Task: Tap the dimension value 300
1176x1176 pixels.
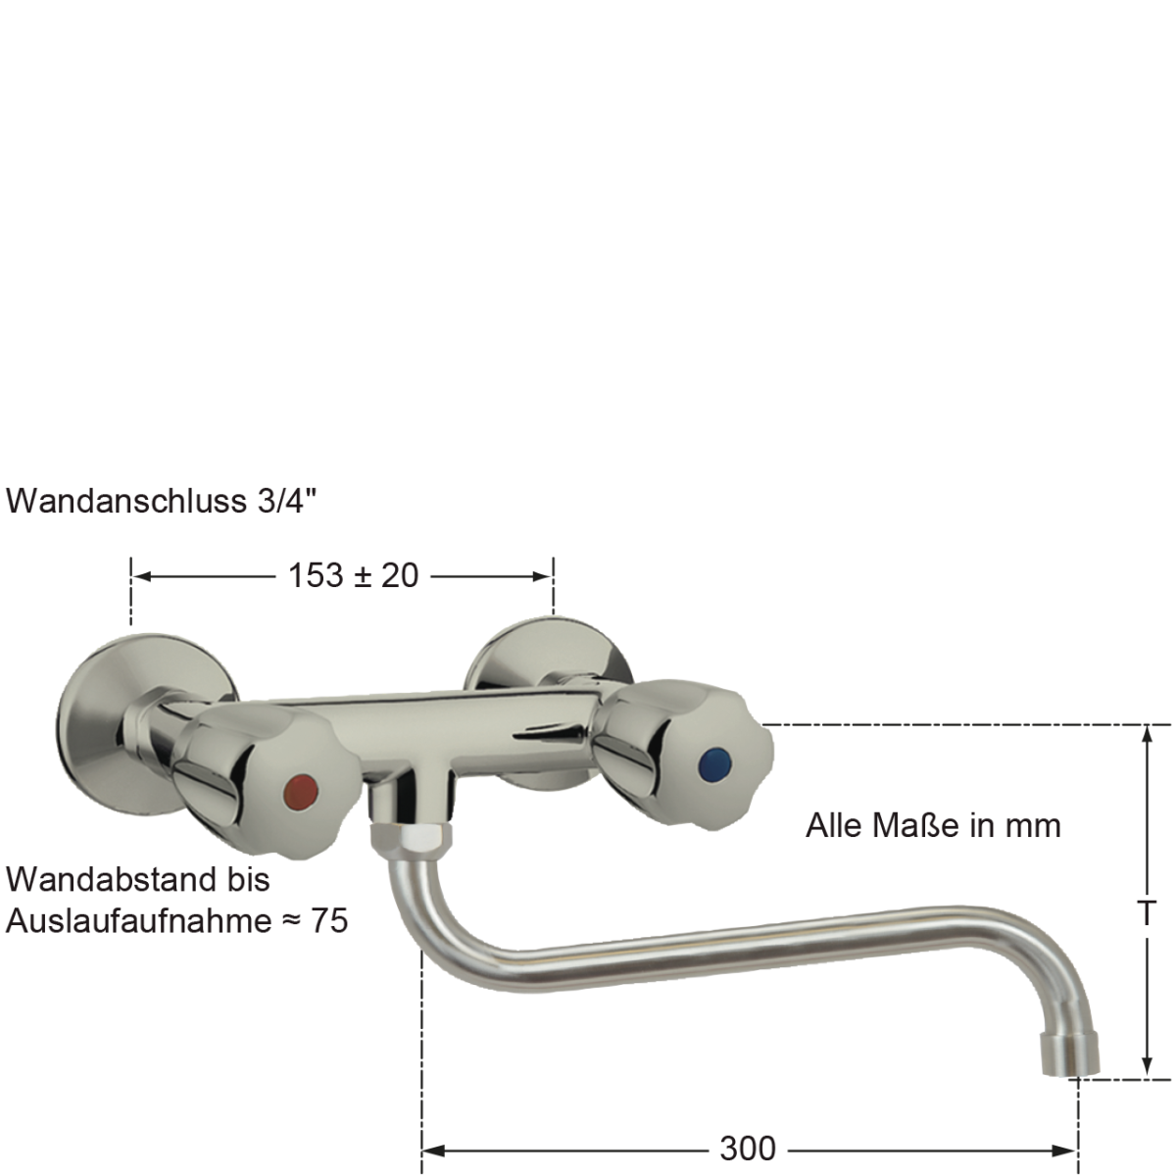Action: [x=747, y=1148]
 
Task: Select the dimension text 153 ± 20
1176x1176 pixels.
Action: [x=353, y=575]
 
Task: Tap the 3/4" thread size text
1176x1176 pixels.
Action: [x=286, y=502]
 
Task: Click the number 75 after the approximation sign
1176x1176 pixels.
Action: [x=329, y=921]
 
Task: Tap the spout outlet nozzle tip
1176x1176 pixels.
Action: [x=1071, y=1056]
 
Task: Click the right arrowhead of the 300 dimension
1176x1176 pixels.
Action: [x=1069, y=1149]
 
